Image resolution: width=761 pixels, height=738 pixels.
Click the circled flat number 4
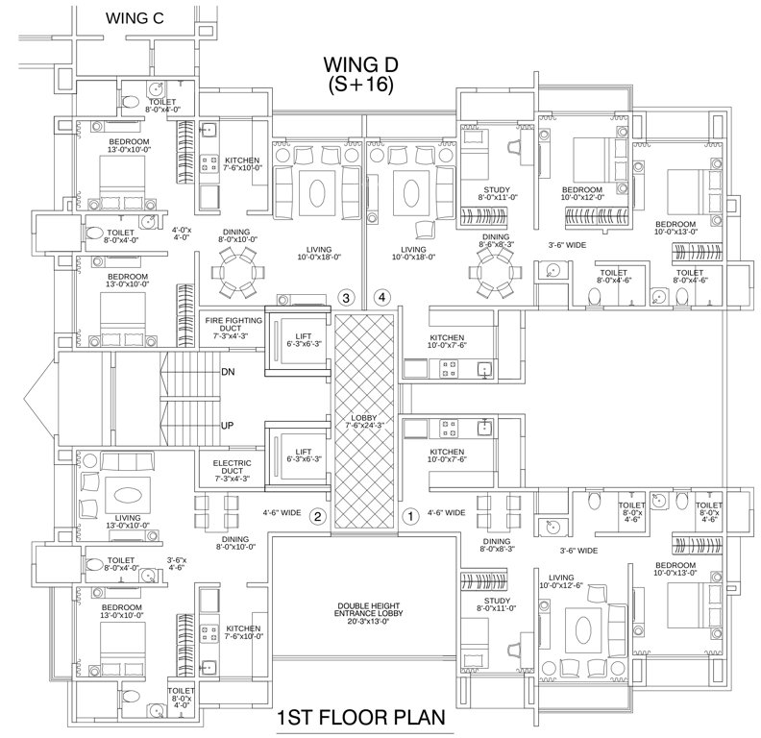pyautogui.click(x=382, y=298)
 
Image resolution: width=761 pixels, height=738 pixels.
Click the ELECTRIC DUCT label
pyautogui.click(x=232, y=469)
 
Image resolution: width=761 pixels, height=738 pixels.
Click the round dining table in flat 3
pyautogui.click(x=235, y=270)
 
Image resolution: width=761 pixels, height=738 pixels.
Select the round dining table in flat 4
pyautogui.click(x=493, y=274)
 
